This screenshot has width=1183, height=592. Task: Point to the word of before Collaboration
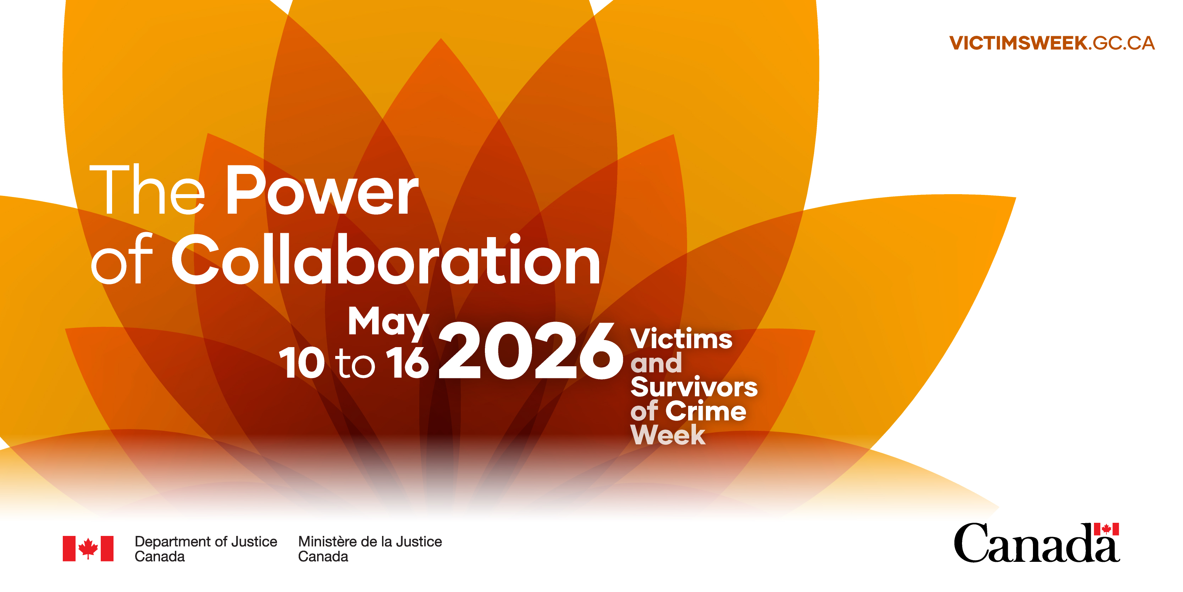pyautogui.click(x=122, y=259)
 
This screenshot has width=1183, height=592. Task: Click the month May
pyautogui.click(x=388, y=324)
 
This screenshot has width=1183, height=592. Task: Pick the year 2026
pyautogui.click(x=531, y=350)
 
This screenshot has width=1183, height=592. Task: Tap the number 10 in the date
pyautogui.click(x=301, y=363)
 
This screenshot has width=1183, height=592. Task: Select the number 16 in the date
pyautogui.click(x=407, y=363)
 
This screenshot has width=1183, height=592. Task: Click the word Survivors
pyautogui.click(x=694, y=387)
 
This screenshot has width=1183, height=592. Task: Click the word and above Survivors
pyautogui.click(x=656, y=363)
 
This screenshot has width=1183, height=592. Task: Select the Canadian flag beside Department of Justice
pyautogui.click(x=88, y=548)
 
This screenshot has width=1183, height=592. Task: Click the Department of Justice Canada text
pyautogui.click(x=206, y=549)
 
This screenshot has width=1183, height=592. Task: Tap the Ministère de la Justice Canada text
pyautogui.click(x=370, y=549)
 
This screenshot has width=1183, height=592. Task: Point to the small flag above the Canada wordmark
pyautogui.click(x=1106, y=529)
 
